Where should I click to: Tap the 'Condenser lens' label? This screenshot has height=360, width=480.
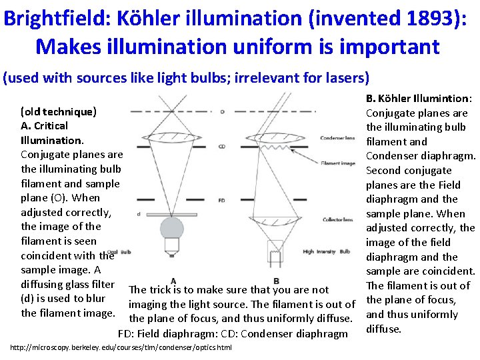tap(337, 138)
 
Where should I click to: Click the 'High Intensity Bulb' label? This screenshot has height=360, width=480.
tap(326, 251)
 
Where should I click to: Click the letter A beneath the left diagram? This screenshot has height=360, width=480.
tap(173, 281)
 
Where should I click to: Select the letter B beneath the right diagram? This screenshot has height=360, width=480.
tap(276, 281)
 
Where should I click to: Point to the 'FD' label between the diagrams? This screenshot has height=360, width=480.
tap(221, 199)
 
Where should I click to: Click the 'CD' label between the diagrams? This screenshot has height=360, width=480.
tap(221, 146)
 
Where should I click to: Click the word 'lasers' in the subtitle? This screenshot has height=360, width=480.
tap(344, 77)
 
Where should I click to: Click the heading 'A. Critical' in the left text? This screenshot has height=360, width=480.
tap(45, 125)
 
